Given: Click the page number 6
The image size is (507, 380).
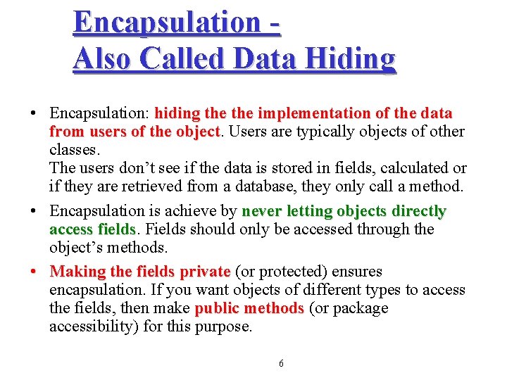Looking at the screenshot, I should (x=281, y=363).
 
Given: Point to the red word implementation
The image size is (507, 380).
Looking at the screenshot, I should (x=311, y=113).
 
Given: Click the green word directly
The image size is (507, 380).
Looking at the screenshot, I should (x=419, y=211).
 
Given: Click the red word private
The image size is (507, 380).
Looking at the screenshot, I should (x=205, y=272).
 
